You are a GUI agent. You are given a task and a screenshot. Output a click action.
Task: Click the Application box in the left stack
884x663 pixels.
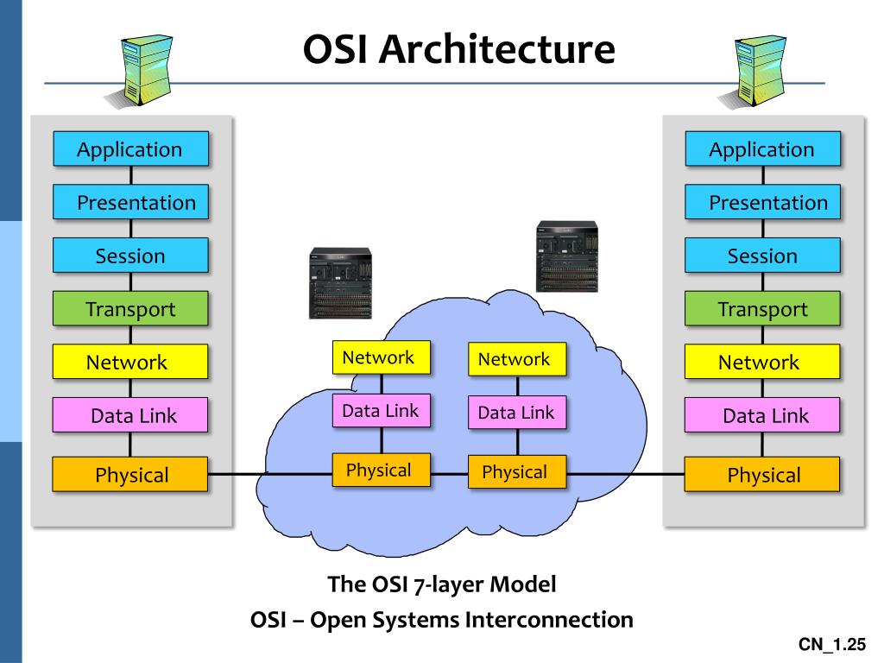[131, 148]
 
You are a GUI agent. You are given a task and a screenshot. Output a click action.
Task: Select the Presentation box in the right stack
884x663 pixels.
[762, 202]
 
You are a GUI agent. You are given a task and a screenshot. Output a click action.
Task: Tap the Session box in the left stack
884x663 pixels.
[131, 256]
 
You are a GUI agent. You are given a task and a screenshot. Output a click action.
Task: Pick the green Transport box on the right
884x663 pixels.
[762, 308]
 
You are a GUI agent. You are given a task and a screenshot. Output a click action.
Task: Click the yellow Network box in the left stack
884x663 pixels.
[130, 362]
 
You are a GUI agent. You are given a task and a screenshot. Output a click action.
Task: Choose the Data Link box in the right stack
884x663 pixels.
[762, 415]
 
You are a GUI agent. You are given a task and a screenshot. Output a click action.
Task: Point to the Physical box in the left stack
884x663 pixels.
[130, 474]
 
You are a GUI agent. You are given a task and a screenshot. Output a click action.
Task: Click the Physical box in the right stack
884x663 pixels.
[762, 474]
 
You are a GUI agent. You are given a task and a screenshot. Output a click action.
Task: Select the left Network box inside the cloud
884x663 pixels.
[381, 357]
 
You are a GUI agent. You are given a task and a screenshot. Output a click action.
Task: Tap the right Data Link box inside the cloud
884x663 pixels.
[517, 412]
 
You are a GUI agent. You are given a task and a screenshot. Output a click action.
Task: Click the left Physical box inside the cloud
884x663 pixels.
[381, 470]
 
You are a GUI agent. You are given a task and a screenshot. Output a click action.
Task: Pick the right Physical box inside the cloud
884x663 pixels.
[517, 471]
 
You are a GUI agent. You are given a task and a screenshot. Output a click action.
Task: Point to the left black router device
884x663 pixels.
[340, 283]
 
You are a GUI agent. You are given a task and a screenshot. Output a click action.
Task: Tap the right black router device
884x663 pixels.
[566, 256]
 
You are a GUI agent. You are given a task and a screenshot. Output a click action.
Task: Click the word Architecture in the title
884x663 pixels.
[496, 49]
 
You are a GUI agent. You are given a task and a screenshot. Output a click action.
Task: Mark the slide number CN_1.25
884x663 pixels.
[831, 644]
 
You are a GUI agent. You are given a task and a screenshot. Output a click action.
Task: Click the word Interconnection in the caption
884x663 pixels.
[549, 619]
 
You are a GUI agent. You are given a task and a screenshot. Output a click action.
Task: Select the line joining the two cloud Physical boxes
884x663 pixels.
[449, 474]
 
